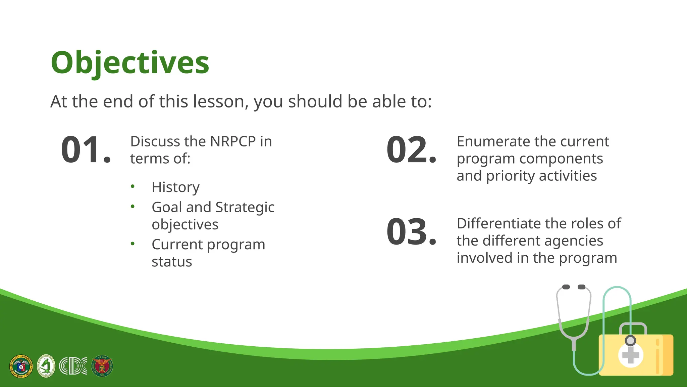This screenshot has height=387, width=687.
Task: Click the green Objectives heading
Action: [x=130, y=63]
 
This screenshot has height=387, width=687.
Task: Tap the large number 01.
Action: [x=86, y=150]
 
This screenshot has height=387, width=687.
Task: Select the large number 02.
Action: [x=411, y=150]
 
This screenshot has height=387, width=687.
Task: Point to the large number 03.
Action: [x=411, y=232]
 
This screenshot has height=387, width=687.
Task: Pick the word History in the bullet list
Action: [x=175, y=187]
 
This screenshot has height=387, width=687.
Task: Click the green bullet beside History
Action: [x=133, y=186]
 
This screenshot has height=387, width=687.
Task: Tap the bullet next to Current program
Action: [x=133, y=244]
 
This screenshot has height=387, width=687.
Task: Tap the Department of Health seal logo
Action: [x=21, y=366]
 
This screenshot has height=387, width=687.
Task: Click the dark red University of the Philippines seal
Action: [x=102, y=366]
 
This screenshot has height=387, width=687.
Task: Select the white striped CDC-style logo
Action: [x=73, y=366]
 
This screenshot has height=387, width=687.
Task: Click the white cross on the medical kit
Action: [x=630, y=355]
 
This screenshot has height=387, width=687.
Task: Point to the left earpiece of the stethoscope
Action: [x=566, y=287]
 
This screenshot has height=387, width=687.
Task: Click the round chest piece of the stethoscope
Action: [x=630, y=341]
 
